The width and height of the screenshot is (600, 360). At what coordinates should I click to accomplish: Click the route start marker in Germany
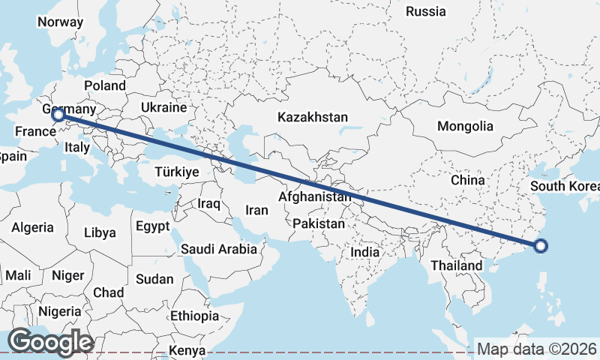tap(58, 115)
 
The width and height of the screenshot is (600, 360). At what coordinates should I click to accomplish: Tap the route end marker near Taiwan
tap(541, 244)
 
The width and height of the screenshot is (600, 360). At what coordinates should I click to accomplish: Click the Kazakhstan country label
tap(313, 118)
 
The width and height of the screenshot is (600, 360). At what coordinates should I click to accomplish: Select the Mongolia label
tap(465, 126)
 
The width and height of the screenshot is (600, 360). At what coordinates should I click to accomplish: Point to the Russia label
tap(425, 11)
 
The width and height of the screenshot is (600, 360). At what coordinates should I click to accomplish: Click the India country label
tap(365, 253)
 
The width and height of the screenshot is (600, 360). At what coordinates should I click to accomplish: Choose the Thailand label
tap(456, 265)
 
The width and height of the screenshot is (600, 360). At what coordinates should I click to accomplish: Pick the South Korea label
tap(564, 186)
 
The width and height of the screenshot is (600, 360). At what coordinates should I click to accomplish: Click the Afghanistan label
tap(314, 197)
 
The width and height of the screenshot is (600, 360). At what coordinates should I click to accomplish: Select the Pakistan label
tap(319, 223)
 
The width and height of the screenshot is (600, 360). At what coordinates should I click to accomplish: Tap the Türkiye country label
tap(176, 172)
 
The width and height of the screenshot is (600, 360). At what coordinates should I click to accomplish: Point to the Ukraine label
tap(163, 107)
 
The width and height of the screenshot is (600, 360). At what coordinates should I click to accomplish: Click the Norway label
tap(60, 22)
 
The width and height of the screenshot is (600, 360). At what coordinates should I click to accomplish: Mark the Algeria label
tap(32, 227)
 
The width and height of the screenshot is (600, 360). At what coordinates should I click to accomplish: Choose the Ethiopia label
tap(194, 316)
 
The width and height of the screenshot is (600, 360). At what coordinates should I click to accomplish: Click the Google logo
tap(49, 342)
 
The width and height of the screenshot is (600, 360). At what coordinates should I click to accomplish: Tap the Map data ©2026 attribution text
tap(537, 349)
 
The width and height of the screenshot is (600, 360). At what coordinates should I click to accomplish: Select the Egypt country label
tap(153, 226)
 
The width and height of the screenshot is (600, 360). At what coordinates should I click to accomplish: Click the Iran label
tap(256, 211)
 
